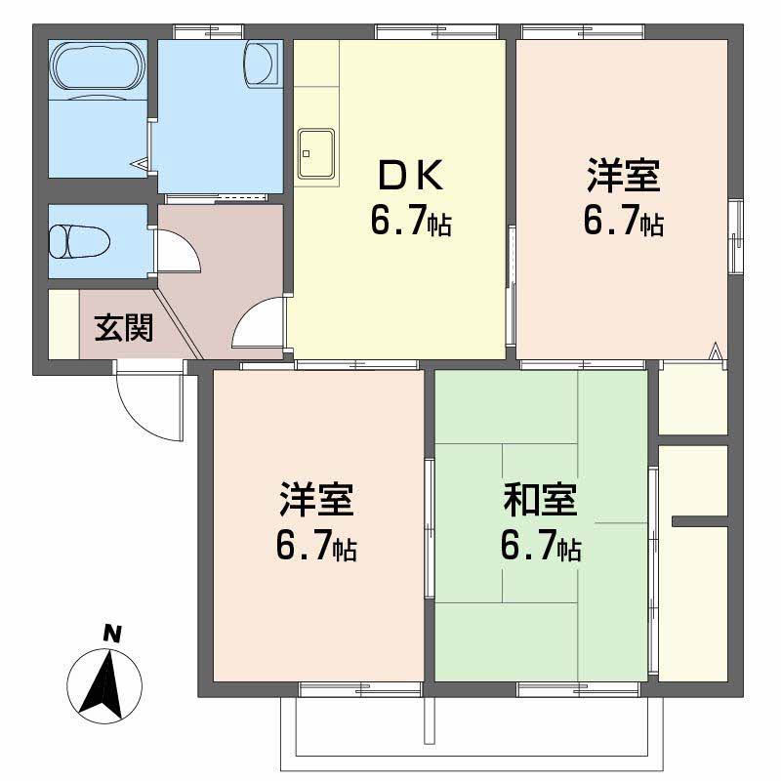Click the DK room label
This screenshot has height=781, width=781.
409,177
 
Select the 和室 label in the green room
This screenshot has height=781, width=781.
540,500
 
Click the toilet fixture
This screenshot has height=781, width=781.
79,240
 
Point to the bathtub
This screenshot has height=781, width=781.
97,66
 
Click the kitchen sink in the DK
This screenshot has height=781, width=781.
315,153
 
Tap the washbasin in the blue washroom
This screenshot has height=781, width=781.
263,64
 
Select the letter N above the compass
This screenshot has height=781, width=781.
112,634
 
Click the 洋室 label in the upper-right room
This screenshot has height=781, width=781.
623,177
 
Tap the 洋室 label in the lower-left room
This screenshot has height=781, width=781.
315,500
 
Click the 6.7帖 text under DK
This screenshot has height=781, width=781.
409,222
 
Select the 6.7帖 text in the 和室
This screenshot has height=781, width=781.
540,547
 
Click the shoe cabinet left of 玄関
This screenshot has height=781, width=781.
62,323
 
